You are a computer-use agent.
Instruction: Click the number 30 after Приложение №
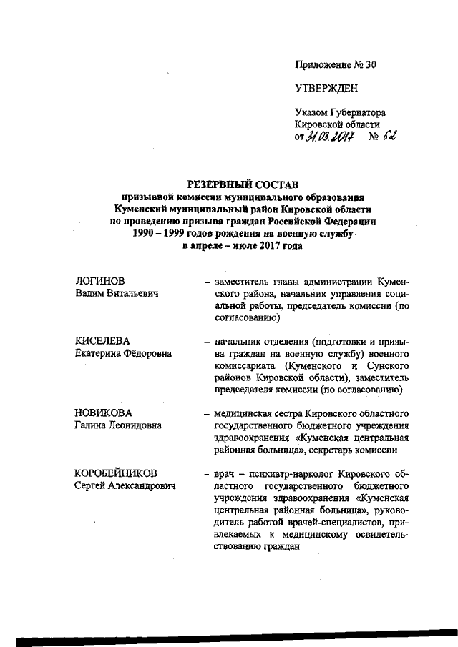tap(370, 64)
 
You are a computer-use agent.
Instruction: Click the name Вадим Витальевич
tap(117, 294)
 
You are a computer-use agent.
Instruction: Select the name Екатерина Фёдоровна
tap(124, 353)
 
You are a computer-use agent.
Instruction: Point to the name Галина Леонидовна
tap(118, 425)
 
